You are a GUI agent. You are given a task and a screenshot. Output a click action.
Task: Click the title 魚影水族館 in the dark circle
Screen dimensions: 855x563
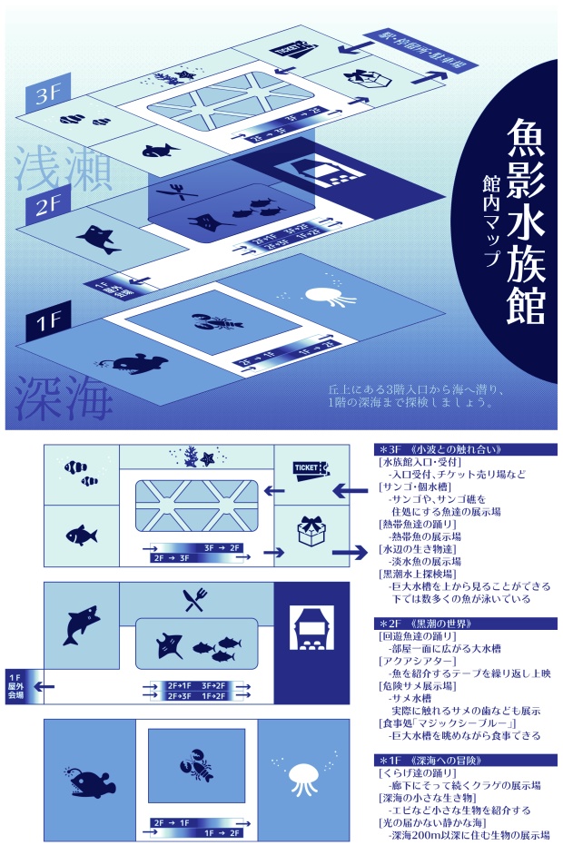coord(525,222)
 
